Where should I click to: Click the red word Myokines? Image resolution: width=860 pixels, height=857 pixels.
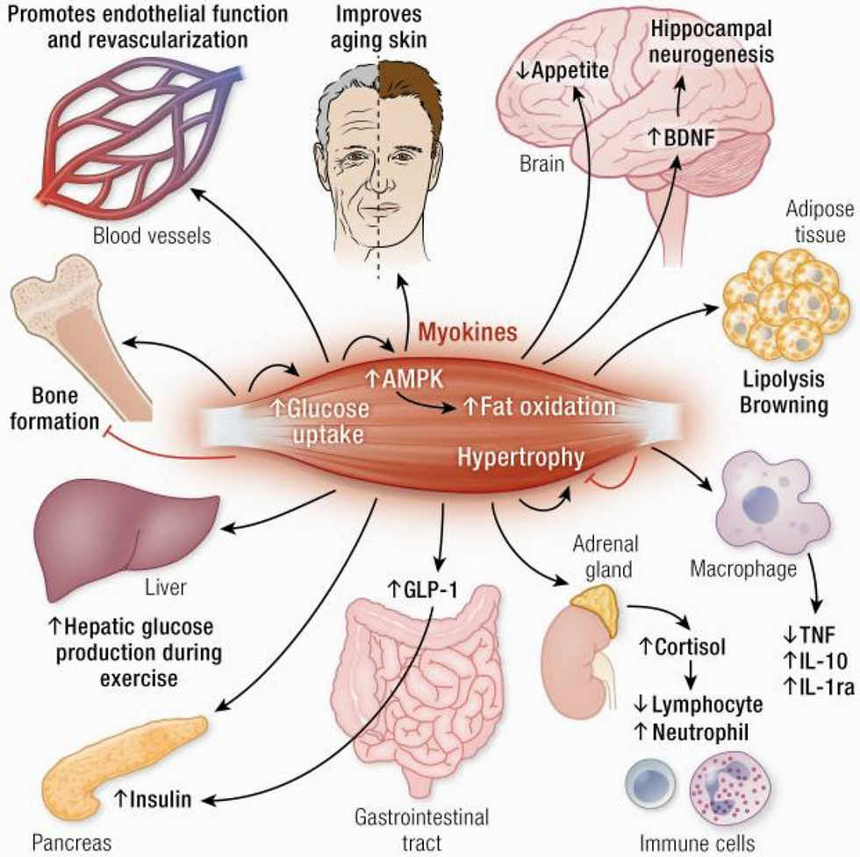click(468, 332)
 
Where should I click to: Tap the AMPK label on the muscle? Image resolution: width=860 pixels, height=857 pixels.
click(405, 379)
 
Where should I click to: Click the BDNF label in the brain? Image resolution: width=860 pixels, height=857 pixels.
click(683, 137)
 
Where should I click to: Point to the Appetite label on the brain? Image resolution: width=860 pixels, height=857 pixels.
click(563, 71)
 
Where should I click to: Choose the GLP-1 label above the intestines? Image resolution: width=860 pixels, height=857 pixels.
click(422, 590)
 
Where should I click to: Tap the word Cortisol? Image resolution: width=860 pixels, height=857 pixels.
click(683, 647)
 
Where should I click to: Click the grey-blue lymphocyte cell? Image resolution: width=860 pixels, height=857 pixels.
click(652, 783)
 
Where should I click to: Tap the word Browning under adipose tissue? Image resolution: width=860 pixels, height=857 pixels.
click(785, 405)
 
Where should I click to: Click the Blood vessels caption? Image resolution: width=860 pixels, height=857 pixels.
click(152, 236)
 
